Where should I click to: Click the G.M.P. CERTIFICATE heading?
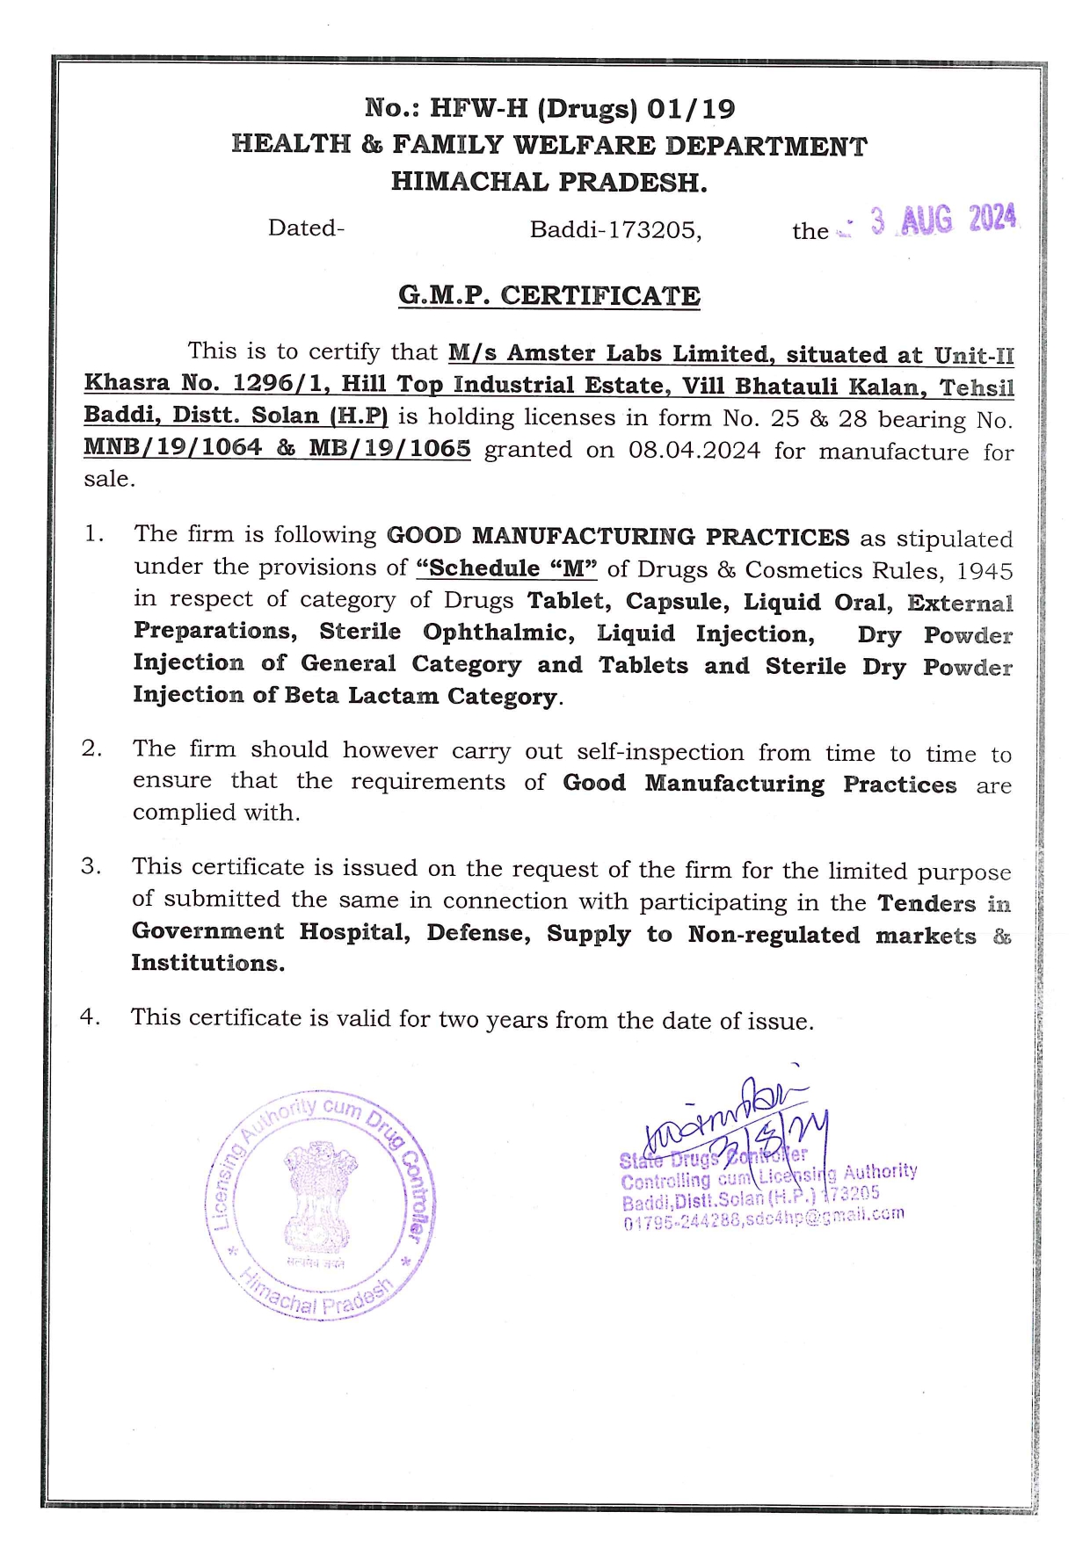(549, 295)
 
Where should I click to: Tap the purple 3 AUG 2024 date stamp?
(943, 220)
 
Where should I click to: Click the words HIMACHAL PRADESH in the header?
(549, 182)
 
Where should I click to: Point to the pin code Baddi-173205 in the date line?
(615, 230)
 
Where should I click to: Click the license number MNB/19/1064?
(173, 447)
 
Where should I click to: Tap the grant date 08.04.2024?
(694, 451)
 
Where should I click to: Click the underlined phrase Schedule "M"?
(507, 568)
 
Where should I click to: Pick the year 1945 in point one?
(985, 571)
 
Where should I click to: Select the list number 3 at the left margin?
(91, 866)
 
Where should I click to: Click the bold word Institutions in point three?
(207, 963)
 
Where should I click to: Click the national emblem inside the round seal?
(320, 1195)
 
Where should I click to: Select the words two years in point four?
(481, 1019)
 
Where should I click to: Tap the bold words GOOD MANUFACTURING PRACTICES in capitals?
(618, 536)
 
